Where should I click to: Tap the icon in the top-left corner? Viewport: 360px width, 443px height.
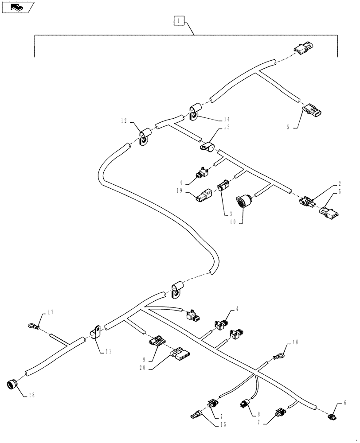click(x=18, y=7)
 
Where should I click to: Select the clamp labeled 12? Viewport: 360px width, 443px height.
click(x=144, y=138)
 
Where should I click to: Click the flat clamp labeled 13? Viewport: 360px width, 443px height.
click(x=205, y=147)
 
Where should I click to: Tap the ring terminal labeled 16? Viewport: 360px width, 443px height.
click(x=279, y=355)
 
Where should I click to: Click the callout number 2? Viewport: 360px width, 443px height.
click(x=339, y=183)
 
